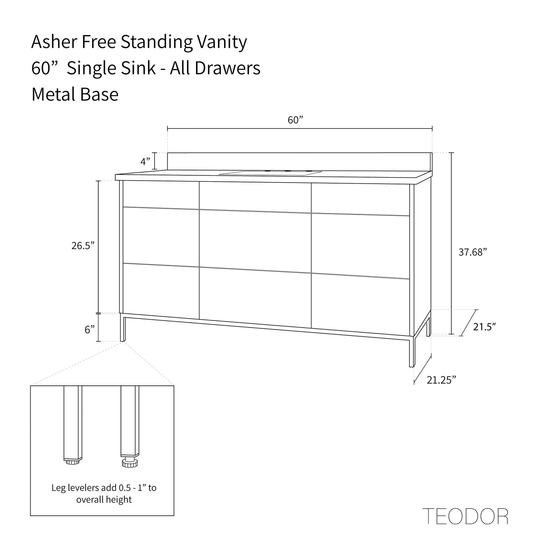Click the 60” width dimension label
295,120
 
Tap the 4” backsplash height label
145,162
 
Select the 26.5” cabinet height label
83,246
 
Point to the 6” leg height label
90,330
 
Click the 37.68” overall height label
473,252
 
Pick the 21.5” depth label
484,327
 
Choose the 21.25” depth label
441,380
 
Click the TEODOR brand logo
465,517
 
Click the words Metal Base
75,94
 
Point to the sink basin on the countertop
271,173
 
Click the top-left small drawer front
161,194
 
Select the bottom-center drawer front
255,295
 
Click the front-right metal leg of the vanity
411,351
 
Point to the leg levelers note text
104,493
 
